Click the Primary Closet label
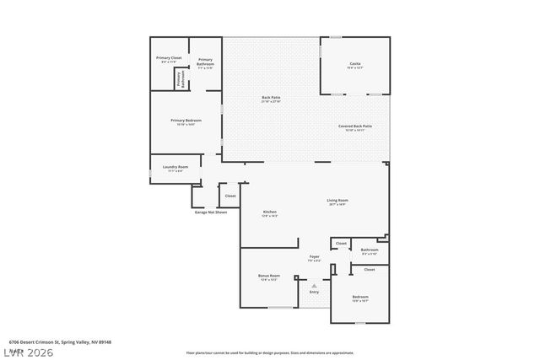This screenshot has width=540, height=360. click(x=169, y=57)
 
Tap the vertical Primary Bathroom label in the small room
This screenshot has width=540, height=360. click(x=179, y=78)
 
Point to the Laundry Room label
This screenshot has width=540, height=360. click(x=175, y=167)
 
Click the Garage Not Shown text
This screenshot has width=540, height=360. click(x=211, y=212)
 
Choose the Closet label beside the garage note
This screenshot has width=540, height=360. click(x=230, y=196)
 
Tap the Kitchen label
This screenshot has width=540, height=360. click(x=270, y=211)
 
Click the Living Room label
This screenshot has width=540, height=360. click(x=337, y=200)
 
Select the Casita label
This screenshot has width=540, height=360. click(x=355, y=63)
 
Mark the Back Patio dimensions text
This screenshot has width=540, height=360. click(x=271, y=101)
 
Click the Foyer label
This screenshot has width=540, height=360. click(x=314, y=255)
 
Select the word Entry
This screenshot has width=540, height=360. click(x=314, y=292)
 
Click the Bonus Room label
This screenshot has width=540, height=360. click(x=269, y=276)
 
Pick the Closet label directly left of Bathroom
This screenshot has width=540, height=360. click(x=341, y=244)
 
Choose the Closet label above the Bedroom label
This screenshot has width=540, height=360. click(x=369, y=270)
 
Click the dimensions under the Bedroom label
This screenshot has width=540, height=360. click(x=359, y=301)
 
